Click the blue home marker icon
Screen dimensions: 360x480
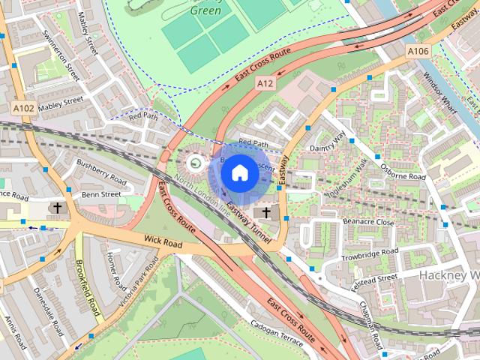[x=240, y=173]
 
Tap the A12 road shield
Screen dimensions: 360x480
[x=265, y=85]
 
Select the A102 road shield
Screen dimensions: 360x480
[x=23, y=109]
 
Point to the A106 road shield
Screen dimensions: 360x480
[x=418, y=50]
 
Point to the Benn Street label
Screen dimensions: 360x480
[x=101, y=194]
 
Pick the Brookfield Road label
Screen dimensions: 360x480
[x=88, y=289]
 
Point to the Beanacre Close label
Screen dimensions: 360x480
[x=368, y=222]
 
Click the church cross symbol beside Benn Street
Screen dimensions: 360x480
[x=56, y=207]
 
